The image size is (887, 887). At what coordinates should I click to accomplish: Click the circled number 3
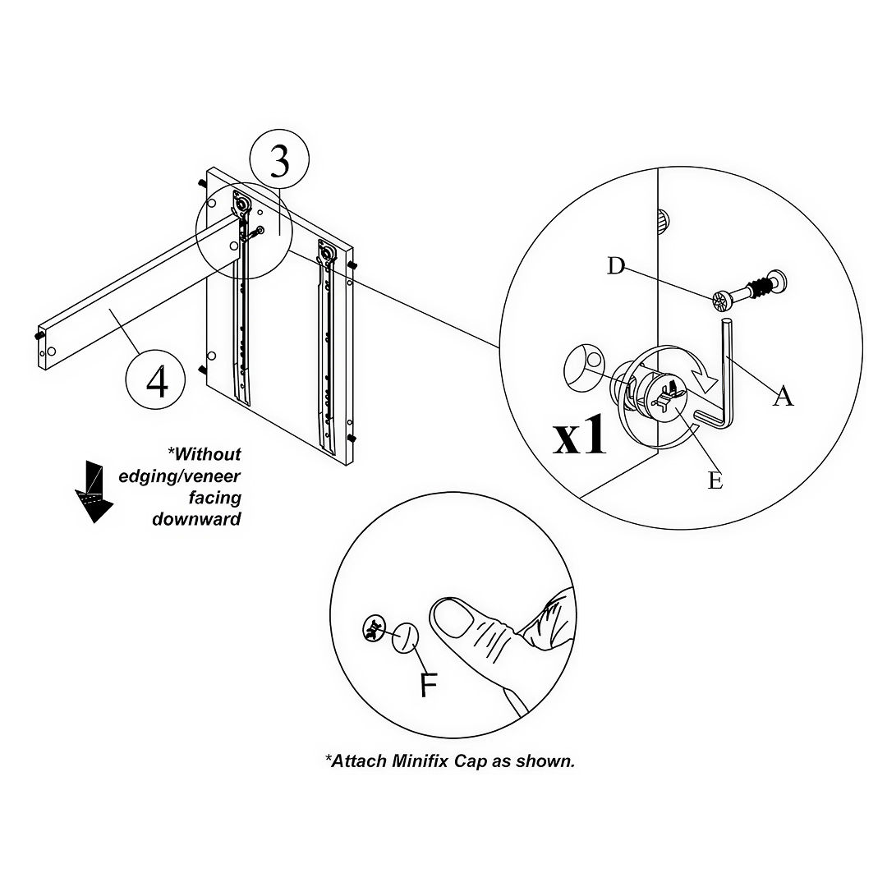click(x=279, y=162)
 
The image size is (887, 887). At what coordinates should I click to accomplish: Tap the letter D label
click(x=615, y=265)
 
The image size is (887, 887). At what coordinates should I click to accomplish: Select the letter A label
click(x=784, y=397)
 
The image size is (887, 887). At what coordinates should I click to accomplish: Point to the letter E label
click(x=715, y=480)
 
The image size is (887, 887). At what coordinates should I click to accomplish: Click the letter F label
click(x=428, y=684)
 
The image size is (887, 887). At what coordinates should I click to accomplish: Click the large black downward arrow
click(x=93, y=491)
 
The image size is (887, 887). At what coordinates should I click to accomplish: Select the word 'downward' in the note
click(x=196, y=519)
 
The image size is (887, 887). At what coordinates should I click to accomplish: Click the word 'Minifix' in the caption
click(x=428, y=761)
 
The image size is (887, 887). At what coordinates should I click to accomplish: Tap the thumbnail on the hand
click(x=453, y=617)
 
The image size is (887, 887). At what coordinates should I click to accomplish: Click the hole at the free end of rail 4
click(x=51, y=351)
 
